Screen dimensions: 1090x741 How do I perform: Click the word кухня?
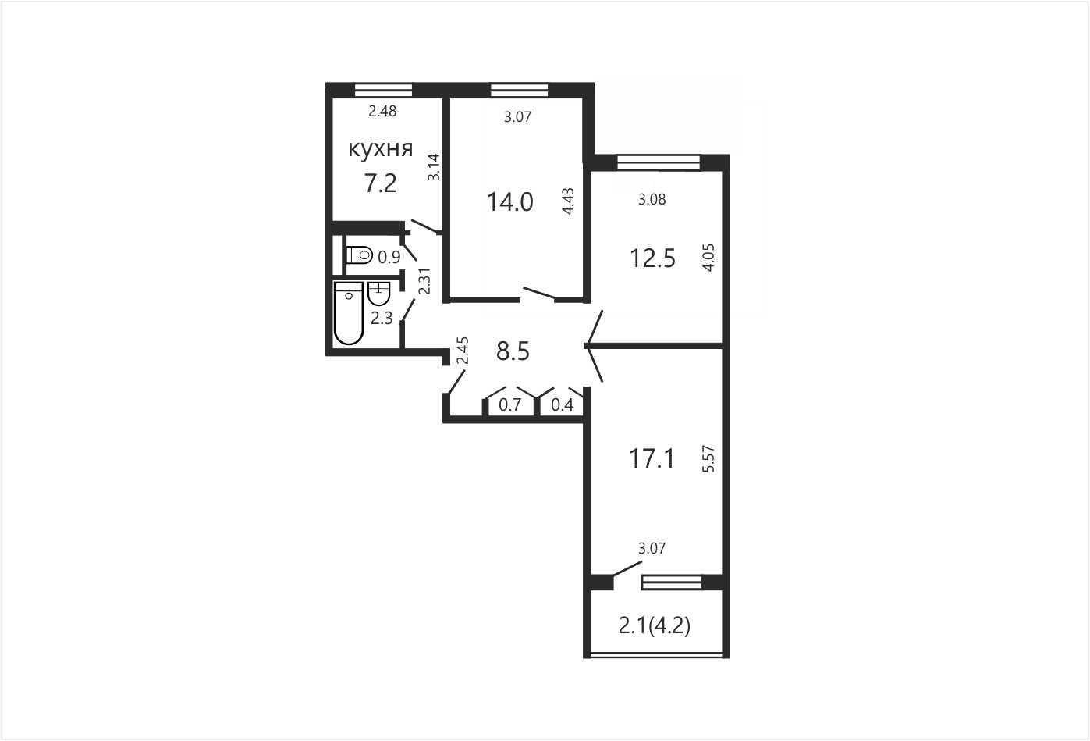coord(381,149)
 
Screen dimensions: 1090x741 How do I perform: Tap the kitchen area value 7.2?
coord(381,183)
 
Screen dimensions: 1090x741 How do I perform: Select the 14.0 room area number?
coord(510,201)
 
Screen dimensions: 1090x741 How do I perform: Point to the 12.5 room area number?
coord(652,258)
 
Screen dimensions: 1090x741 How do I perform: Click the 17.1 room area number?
coord(652,458)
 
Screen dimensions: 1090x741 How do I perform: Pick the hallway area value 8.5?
coord(513,351)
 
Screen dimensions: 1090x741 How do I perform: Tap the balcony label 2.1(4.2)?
coord(655,626)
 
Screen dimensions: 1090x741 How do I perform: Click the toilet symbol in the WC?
coord(359,255)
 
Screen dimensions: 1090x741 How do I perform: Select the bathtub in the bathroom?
coord(349,313)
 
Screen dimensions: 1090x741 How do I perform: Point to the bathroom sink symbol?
coord(379,293)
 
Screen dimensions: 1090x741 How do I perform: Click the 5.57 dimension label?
coord(708,458)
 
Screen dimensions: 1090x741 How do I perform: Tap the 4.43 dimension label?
coord(568,201)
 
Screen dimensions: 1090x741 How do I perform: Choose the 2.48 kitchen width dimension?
coord(382,111)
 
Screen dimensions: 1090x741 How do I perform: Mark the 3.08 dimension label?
coord(652,199)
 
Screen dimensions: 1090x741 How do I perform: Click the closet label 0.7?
coord(510,404)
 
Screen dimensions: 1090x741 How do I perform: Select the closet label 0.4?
coord(562,404)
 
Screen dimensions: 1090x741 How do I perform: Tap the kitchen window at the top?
coord(383,90)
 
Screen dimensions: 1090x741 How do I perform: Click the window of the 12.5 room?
coord(659,162)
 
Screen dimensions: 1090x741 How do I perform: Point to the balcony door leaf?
coord(627,568)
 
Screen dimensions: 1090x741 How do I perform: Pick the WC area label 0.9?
coord(389,257)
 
